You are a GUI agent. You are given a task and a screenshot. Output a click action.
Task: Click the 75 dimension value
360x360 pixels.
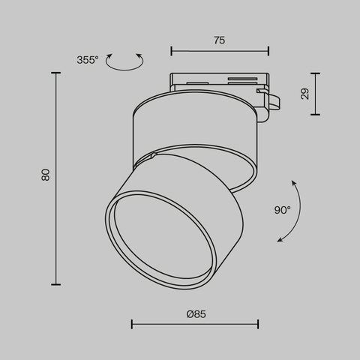click(219, 41)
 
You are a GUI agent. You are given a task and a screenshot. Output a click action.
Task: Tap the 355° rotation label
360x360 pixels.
click(88, 60)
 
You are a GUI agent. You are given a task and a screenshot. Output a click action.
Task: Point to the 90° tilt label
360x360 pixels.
click(282, 211)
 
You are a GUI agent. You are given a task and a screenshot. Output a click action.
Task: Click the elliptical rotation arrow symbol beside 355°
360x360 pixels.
click(124, 62)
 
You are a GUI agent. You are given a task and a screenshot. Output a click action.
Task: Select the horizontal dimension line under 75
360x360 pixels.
click(219, 51)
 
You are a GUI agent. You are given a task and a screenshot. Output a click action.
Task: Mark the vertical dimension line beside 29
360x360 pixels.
click(315, 94)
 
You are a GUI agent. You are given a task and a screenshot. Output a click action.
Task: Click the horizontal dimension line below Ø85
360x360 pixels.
click(195, 324)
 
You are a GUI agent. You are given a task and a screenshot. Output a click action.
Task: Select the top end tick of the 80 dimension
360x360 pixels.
click(57, 73)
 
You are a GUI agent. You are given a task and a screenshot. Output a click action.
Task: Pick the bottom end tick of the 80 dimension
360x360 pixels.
click(57, 284)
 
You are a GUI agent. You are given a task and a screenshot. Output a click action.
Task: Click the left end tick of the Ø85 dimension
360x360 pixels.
click(132, 324)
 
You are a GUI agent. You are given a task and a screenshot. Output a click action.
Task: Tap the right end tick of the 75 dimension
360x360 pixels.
click(268, 51)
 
